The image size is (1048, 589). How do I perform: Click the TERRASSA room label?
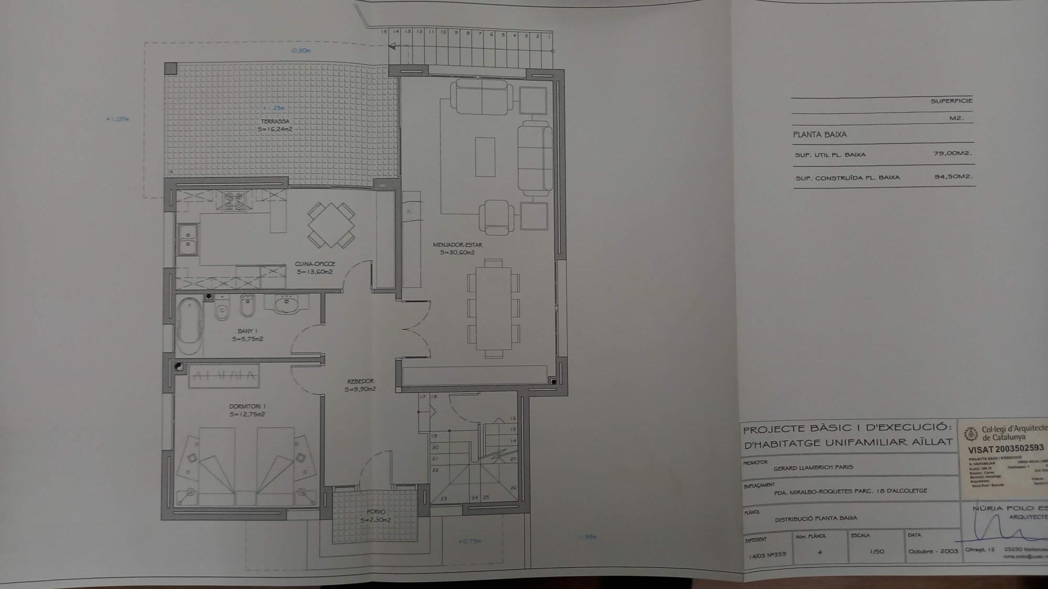click(x=275, y=121)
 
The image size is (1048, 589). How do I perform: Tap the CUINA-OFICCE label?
click(x=314, y=264)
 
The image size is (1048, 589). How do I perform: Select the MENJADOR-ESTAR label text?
click(x=457, y=245)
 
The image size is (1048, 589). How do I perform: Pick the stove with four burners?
click(x=234, y=201)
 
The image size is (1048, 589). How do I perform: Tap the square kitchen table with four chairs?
click(x=331, y=225)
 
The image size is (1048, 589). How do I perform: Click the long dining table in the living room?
click(x=493, y=308)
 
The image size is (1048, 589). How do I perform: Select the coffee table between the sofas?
click(x=485, y=157)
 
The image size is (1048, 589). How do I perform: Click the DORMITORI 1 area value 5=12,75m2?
click(x=247, y=414)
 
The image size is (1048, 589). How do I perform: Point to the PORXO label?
click(x=376, y=512)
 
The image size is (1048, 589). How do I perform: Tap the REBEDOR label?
click(x=361, y=381)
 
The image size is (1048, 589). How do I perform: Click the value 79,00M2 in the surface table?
click(x=952, y=153)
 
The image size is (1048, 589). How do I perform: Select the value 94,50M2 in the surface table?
click(x=953, y=176)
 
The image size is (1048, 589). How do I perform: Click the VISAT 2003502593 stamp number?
click(x=1006, y=449)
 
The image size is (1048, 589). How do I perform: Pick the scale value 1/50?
click(x=877, y=551)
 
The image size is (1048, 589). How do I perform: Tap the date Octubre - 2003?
click(x=933, y=551)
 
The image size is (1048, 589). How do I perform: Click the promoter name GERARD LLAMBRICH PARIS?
click(x=813, y=467)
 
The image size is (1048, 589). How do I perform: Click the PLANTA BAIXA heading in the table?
click(x=820, y=135)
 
